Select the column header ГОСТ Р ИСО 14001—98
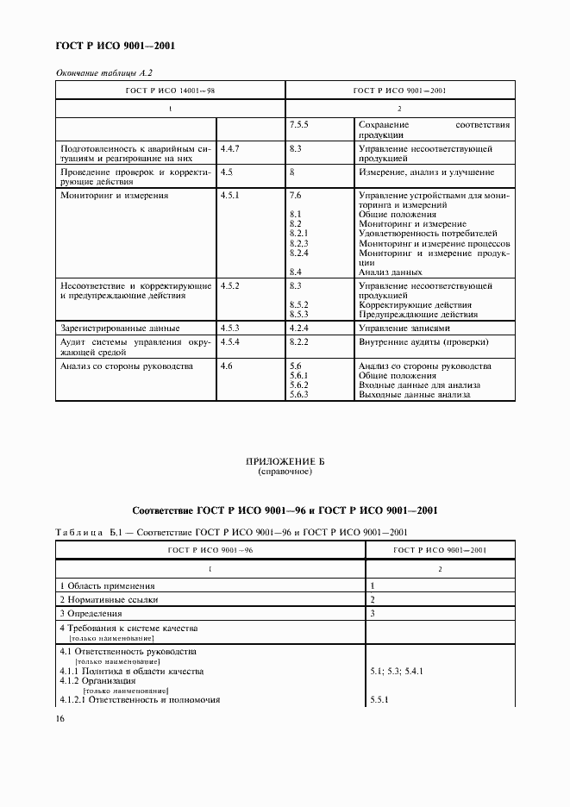170,90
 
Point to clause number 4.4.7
229,149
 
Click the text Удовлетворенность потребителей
426,233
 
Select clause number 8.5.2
299,304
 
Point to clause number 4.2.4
299,328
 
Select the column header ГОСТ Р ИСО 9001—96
210,549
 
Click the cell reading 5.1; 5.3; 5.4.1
396,671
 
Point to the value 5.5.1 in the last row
379,699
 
